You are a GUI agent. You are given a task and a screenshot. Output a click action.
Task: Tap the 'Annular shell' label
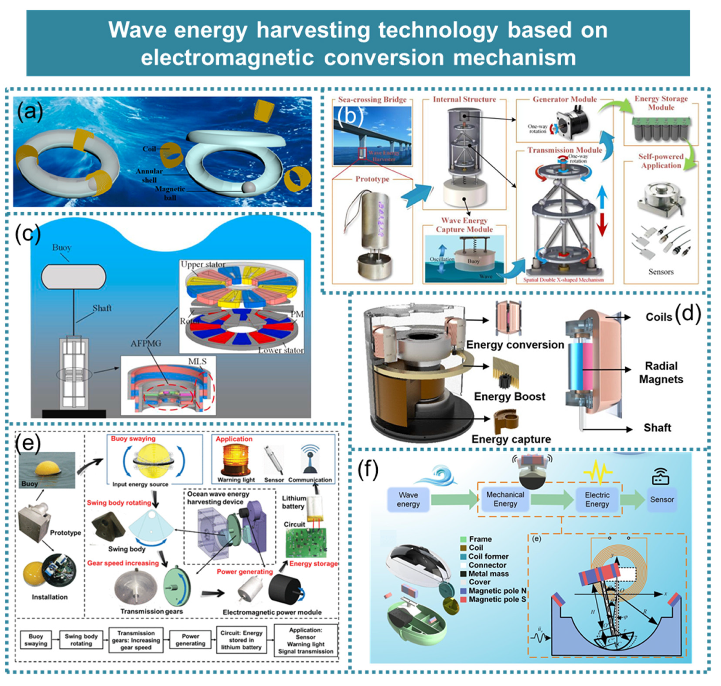pyautogui.click(x=149, y=176)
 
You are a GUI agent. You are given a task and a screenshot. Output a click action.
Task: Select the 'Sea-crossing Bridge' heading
pyautogui.click(x=372, y=99)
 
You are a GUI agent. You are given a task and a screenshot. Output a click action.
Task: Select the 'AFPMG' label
pyautogui.click(x=146, y=343)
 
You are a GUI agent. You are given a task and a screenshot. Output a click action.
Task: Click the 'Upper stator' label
pyautogui.click(x=203, y=264)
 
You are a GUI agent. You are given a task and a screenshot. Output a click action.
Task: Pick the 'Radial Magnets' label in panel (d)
pyautogui.click(x=661, y=373)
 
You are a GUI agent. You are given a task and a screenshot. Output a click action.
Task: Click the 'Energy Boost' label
pyautogui.click(x=510, y=397)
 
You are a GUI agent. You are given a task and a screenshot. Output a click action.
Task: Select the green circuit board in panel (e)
pyautogui.click(x=306, y=544)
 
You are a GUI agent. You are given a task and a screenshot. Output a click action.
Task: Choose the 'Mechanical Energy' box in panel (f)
pyautogui.click(x=505, y=499)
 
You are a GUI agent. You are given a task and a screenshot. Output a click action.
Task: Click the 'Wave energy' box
pyautogui.click(x=408, y=500)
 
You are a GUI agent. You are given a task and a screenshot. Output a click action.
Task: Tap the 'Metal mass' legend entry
pyautogui.click(x=488, y=574)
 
